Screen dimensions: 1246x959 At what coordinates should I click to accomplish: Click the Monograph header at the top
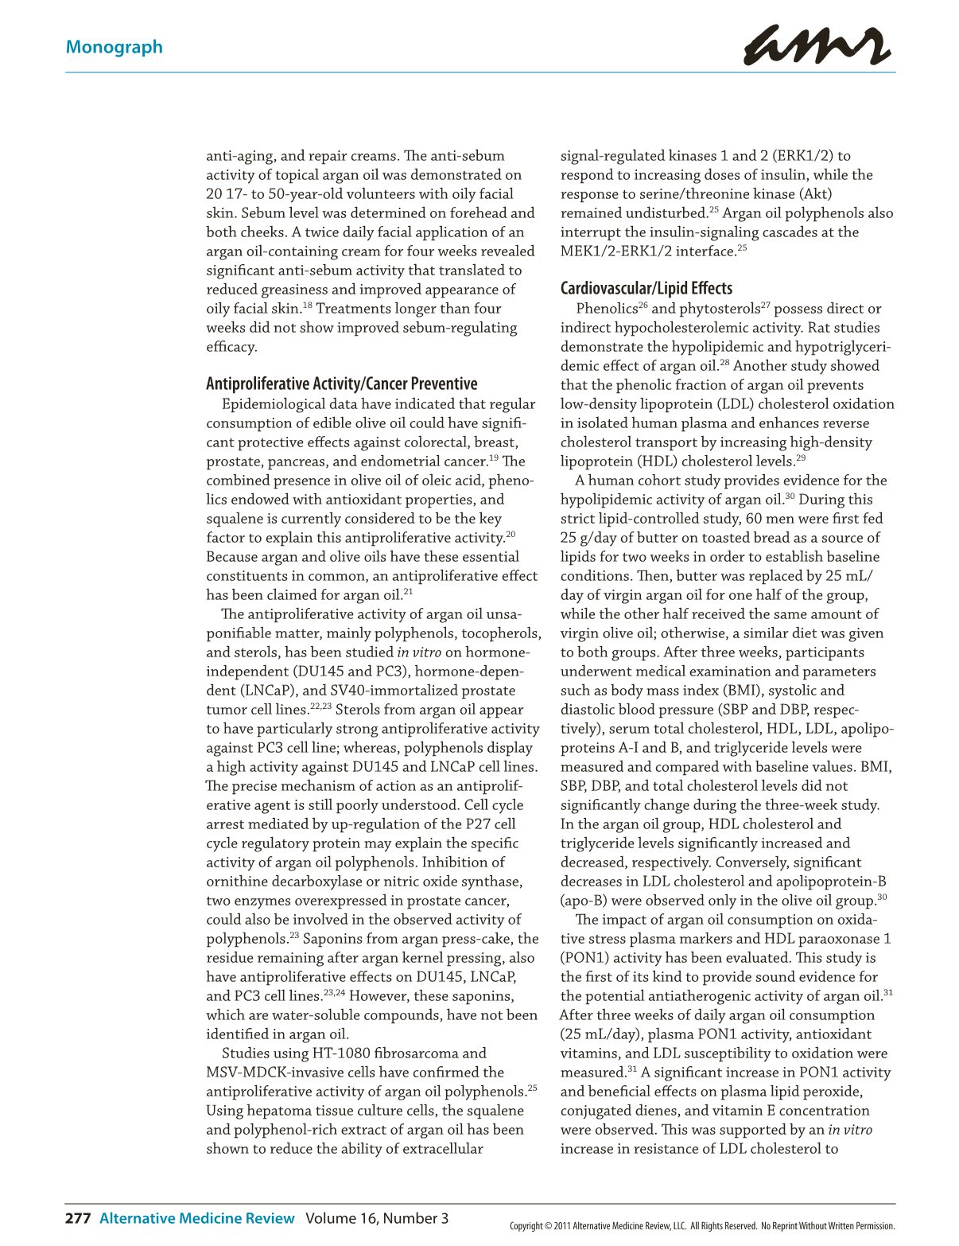pyautogui.click(x=114, y=47)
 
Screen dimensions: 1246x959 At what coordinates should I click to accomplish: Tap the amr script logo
pyautogui.click(x=816, y=45)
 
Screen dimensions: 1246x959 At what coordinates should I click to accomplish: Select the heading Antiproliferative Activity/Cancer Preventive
pyautogui.click(x=342, y=384)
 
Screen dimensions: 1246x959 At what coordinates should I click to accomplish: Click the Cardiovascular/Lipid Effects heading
pyautogui.click(x=646, y=288)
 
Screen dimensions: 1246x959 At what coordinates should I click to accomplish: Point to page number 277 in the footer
pyautogui.click(x=78, y=1218)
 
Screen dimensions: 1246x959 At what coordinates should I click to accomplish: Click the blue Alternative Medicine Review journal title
pyautogui.click(x=196, y=1218)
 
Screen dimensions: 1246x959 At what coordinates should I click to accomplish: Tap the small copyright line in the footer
pyautogui.click(x=702, y=1226)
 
